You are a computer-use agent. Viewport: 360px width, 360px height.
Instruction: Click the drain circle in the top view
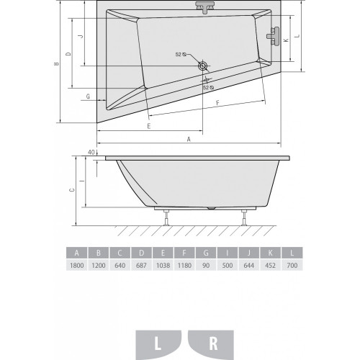(203, 66)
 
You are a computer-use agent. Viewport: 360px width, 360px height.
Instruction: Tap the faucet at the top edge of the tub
(204, 7)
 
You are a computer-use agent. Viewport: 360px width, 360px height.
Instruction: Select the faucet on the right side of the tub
(274, 36)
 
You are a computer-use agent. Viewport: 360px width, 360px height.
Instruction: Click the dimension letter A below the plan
(189, 139)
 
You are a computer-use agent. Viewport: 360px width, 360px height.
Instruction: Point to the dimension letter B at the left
(57, 63)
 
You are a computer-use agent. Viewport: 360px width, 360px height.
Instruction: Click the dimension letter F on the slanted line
(217, 103)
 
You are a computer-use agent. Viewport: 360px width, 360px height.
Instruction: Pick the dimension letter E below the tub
(149, 126)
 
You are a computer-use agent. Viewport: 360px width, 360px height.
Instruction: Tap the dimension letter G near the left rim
(88, 96)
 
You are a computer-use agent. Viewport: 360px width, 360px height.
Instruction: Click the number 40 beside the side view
(91, 152)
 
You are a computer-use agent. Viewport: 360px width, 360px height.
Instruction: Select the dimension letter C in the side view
(72, 190)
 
